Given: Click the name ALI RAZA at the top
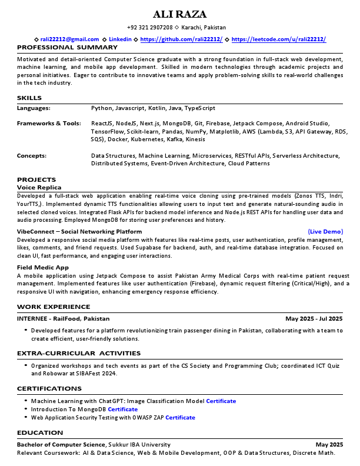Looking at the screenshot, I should click(x=180, y=15).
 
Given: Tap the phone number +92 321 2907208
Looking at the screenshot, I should click(x=149, y=28).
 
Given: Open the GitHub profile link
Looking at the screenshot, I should click(x=181, y=39).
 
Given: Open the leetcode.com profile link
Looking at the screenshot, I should click(x=278, y=39).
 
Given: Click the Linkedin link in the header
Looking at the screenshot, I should click(x=121, y=39).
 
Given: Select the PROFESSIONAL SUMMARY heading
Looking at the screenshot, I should click(x=67, y=47).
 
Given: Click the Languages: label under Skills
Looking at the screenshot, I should click(x=34, y=108).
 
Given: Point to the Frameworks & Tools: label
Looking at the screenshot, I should click(x=49, y=124).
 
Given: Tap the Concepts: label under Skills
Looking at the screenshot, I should click(x=32, y=156).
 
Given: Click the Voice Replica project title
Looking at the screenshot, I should click(x=39, y=187).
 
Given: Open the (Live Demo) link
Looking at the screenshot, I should click(x=325, y=232).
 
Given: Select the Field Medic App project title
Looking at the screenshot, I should click(x=43, y=267).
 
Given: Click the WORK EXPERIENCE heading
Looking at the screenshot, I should click(x=54, y=307).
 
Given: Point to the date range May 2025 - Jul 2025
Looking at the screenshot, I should click(x=314, y=319).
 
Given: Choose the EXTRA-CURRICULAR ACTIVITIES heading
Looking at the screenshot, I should click(x=79, y=353).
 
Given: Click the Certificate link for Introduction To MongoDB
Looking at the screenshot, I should click(x=122, y=410).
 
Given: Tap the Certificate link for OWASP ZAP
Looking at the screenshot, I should click(x=180, y=418).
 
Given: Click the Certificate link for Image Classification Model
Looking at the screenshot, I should click(x=221, y=401).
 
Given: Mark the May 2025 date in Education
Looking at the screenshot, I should click(x=329, y=444).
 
